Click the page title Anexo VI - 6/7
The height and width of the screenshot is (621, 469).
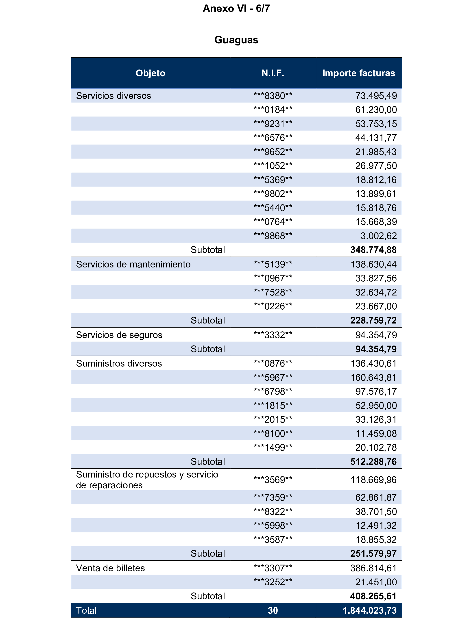click(x=236, y=9)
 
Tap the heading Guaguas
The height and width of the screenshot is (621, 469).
click(x=236, y=40)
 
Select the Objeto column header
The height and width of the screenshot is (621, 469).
click(x=150, y=73)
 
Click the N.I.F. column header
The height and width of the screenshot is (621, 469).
click(x=273, y=73)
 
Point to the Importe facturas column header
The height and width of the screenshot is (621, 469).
click(x=359, y=73)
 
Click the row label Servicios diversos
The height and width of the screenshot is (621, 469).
click(x=113, y=96)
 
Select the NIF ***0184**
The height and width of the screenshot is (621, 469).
click(x=273, y=110)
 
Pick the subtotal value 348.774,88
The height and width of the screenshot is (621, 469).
click(x=373, y=250)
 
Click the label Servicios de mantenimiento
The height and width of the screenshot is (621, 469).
click(x=133, y=265)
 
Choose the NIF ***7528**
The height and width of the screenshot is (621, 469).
click(x=273, y=293)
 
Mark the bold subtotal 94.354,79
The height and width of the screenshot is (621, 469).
click(x=376, y=349)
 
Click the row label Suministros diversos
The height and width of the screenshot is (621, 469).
click(x=119, y=364)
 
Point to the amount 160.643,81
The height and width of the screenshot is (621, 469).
click(x=373, y=378)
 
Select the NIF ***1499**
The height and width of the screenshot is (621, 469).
click(x=273, y=447)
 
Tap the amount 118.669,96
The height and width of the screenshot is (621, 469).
click(x=373, y=480)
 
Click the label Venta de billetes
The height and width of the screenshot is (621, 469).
click(x=110, y=568)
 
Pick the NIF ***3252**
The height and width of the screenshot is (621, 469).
click(x=273, y=582)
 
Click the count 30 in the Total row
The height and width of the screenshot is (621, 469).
click(x=273, y=611)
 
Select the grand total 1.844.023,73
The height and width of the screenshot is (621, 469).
click(x=370, y=611)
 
